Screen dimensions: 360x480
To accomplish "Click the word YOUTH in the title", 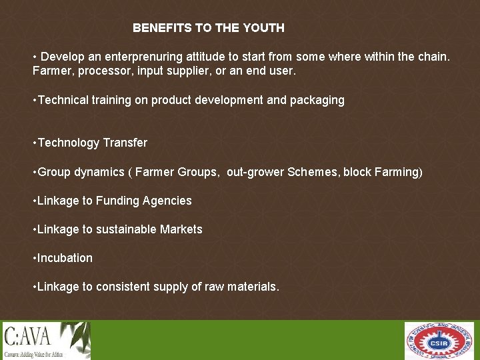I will tap(265, 28).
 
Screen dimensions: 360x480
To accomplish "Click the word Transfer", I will tap(125, 143).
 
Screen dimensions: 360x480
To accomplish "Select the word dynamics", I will tap(99, 172).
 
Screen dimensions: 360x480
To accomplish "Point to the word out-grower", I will tap(255, 172).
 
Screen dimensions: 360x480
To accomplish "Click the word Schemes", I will tap(313, 172).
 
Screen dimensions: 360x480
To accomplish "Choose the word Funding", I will tap(118, 201).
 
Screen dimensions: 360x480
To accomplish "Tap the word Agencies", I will tap(167, 201).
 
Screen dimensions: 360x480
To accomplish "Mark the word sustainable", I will tap(126, 229).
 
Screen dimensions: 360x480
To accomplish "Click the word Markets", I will tap(181, 229).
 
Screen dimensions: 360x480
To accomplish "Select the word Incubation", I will tap(65, 258).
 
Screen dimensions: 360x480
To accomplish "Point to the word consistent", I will tap(123, 287).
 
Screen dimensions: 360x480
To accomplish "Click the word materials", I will tap(254, 287).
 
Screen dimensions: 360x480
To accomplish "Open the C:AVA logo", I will tap(46, 340).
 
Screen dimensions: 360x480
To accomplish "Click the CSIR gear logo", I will tap(439, 341).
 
